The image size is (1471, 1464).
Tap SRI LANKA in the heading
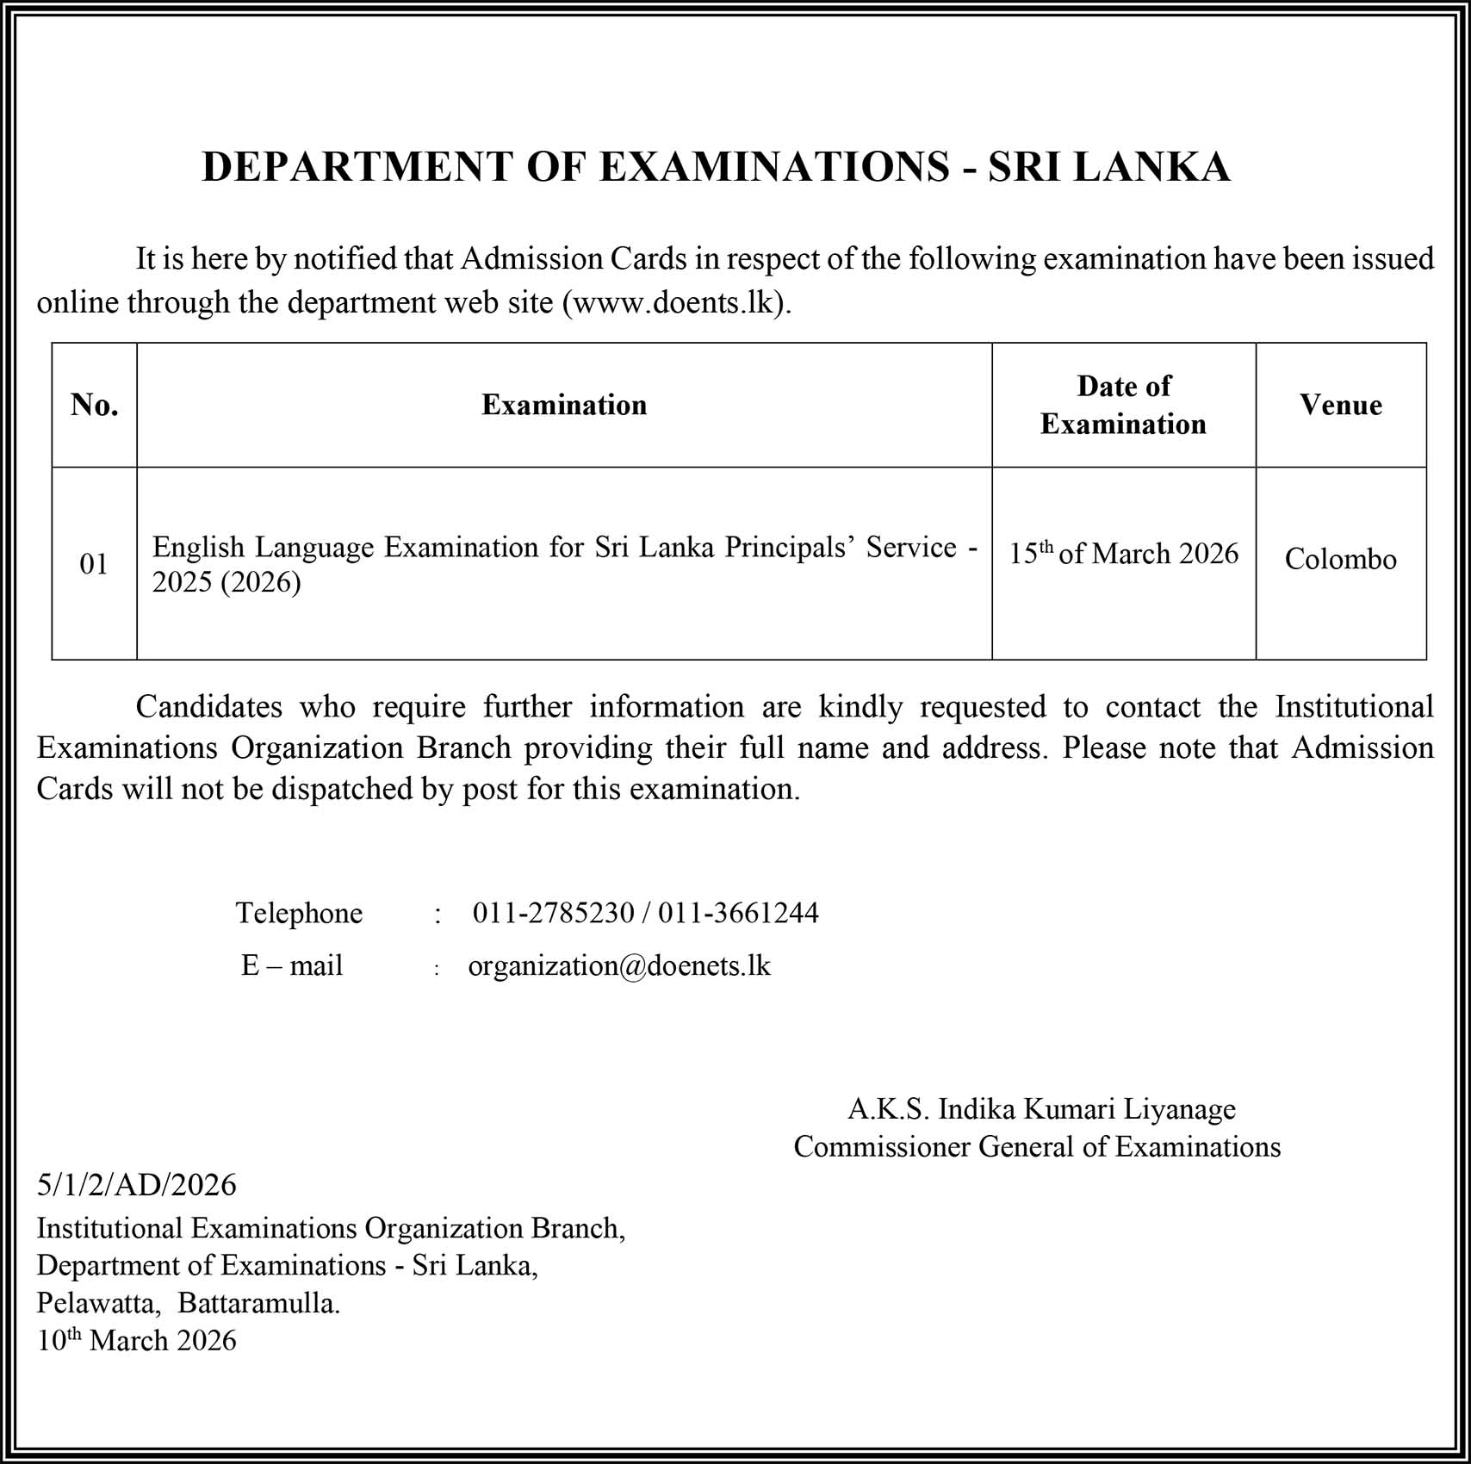pyautogui.click(x=1108, y=167)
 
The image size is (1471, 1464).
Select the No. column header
pyautogui.click(x=95, y=405)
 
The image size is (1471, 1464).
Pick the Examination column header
pyautogui.click(x=564, y=405)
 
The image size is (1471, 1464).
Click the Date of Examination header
pyautogui.click(x=1123, y=405)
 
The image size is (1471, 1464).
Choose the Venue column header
pyautogui.click(x=1341, y=405)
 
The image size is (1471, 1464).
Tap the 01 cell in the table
pyautogui.click(x=94, y=564)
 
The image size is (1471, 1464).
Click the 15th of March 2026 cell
pyautogui.click(x=1123, y=554)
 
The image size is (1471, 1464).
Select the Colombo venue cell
pyautogui.click(x=1340, y=560)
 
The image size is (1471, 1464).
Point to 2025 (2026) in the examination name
pyautogui.click(x=227, y=583)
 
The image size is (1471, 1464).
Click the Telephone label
pyautogui.click(x=299, y=913)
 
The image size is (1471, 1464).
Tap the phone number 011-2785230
pyautogui.click(x=553, y=913)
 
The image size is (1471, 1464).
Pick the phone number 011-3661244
pyautogui.click(x=738, y=913)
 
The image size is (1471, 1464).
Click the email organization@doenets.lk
pyautogui.click(x=619, y=966)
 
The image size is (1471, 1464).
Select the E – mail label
pyautogui.click(x=292, y=966)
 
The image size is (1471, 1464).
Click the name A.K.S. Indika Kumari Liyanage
pyautogui.click(x=1041, y=1109)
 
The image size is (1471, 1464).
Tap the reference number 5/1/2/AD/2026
pyautogui.click(x=136, y=1186)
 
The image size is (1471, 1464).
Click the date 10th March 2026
pyautogui.click(x=136, y=1341)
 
